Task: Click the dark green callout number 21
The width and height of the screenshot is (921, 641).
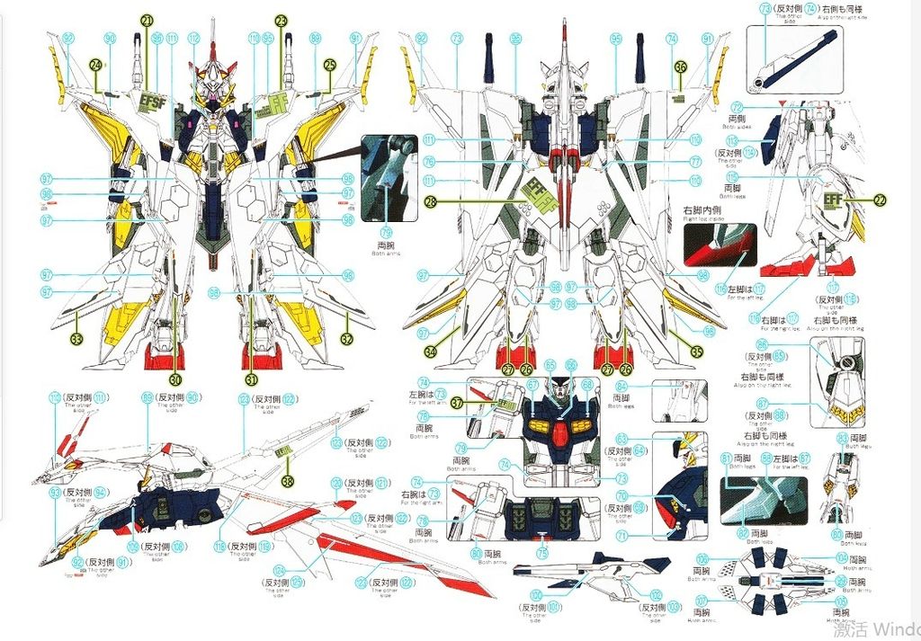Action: [148, 20]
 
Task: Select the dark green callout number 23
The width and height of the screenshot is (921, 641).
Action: [281, 20]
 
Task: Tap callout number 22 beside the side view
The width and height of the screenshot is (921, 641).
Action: [880, 200]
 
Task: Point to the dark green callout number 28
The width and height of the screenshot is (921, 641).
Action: [431, 203]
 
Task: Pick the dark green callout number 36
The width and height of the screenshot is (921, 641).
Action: [681, 66]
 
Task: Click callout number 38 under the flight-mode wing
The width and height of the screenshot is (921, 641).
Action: [287, 481]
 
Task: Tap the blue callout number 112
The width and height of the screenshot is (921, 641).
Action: [194, 39]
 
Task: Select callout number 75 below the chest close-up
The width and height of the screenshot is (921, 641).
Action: [542, 554]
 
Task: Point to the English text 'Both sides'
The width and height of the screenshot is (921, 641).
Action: [737, 127]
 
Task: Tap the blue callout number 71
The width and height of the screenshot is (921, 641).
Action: [621, 534]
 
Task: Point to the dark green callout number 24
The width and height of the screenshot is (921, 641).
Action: [95, 64]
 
